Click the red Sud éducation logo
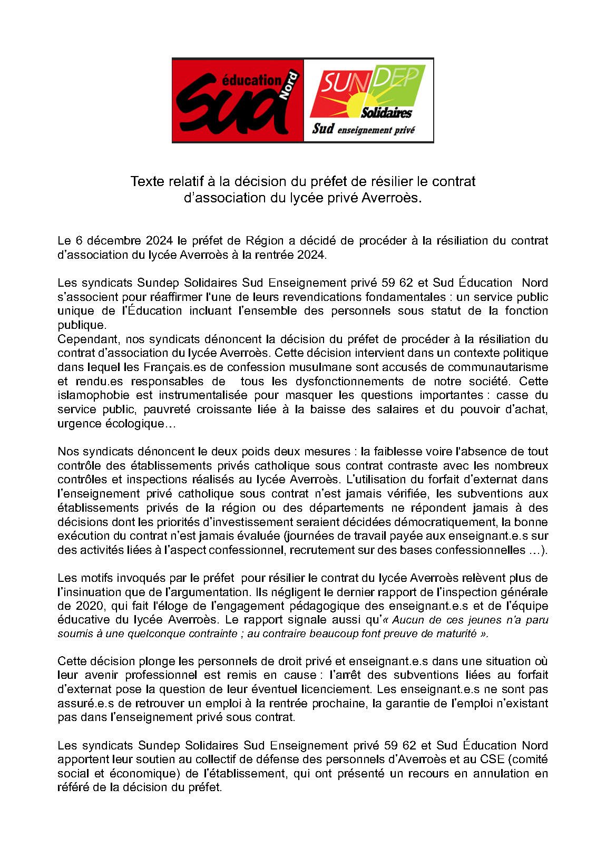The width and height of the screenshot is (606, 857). (x=238, y=100)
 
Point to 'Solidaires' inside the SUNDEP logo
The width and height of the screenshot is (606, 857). (x=386, y=113)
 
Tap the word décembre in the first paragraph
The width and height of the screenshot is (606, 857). (x=115, y=241)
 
